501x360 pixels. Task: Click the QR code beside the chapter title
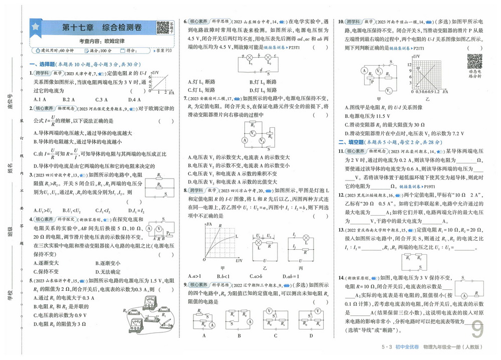tap(163, 28)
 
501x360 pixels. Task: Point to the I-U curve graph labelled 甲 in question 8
tap(221, 243)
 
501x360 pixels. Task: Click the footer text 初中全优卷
tap(406, 347)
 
